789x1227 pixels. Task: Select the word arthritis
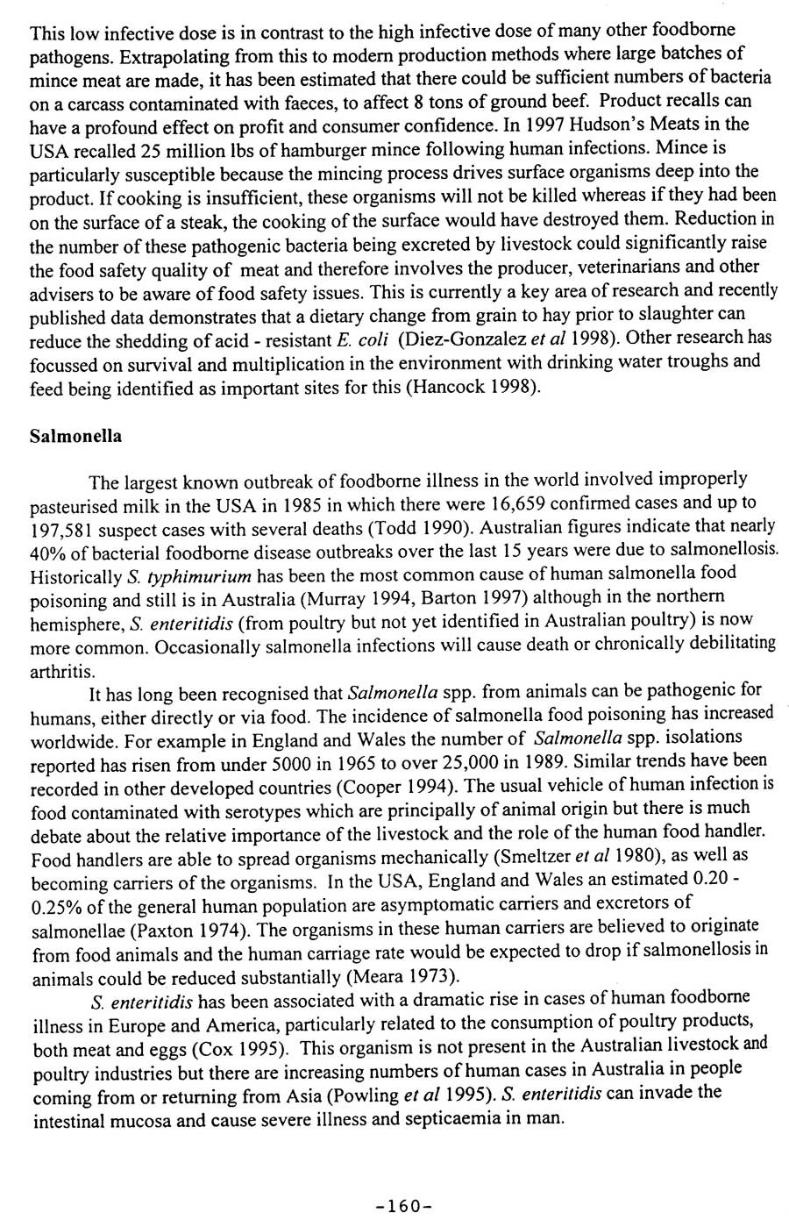61,672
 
